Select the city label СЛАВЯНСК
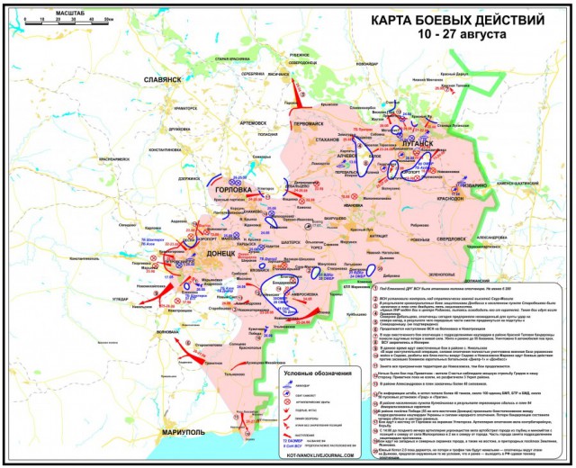(x=163, y=80)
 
